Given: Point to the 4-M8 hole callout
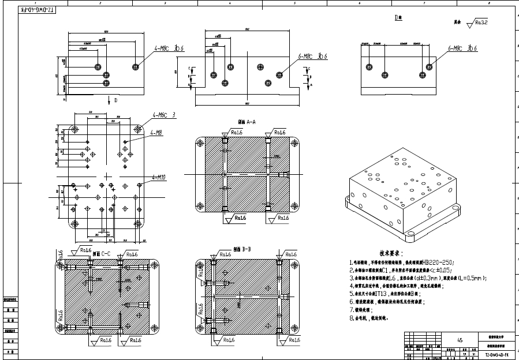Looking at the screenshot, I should [x=156, y=133].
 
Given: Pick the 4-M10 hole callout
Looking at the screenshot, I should [x=159, y=177].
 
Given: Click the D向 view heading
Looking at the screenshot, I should [x=398, y=18].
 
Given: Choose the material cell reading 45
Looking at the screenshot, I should [x=460, y=340].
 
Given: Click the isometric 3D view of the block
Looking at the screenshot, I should [x=404, y=196].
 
